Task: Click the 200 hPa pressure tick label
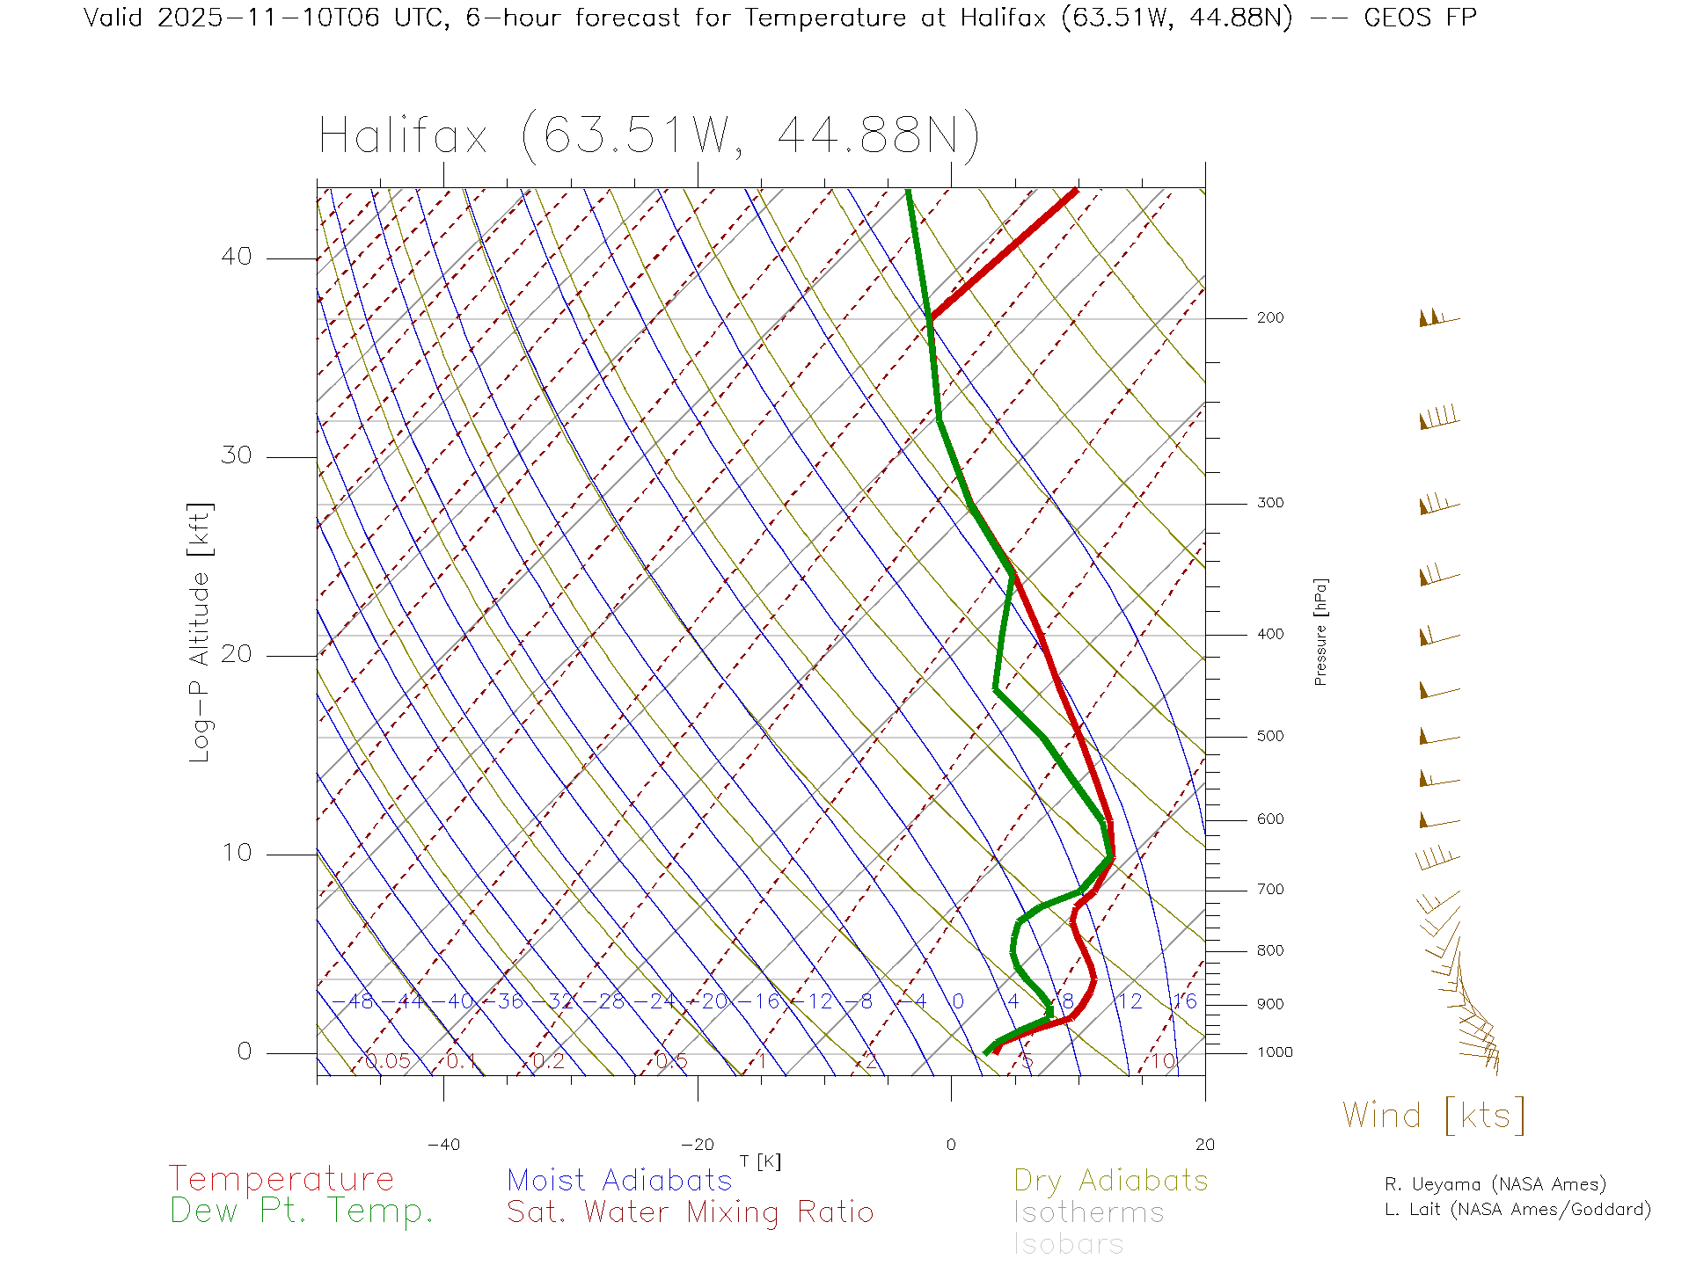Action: pyautogui.click(x=1269, y=318)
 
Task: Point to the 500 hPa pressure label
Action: pyautogui.click(x=1269, y=737)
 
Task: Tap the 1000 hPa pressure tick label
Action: pyautogui.click(x=1275, y=1052)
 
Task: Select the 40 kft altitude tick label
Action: pyautogui.click(x=236, y=257)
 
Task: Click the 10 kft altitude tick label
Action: pyautogui.click(x=236, y=853)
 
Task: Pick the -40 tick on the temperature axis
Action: pyautogui.click(x=443, y=1145)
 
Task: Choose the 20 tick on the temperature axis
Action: pyautogui.click(x=1204, y=1145)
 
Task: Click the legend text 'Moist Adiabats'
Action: pyautogui.click(x=619, y=1181)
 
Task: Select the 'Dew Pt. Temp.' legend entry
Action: pyautogui.click(x=302, y=1211)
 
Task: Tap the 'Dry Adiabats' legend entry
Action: pyautogui.click(x=1111, y=1181)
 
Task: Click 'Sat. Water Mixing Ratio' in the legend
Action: pyautogui.click(x=690, y=1212)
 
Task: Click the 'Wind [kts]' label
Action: pyautogui.click(x=1434, y=1116)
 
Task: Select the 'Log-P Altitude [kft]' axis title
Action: pyautogui.click(x=201, y=633)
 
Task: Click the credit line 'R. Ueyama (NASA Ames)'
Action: pyautogui.click(x=1495, y=1184)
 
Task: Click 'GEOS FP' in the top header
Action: pyautogui.click(x=1420, y=18)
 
